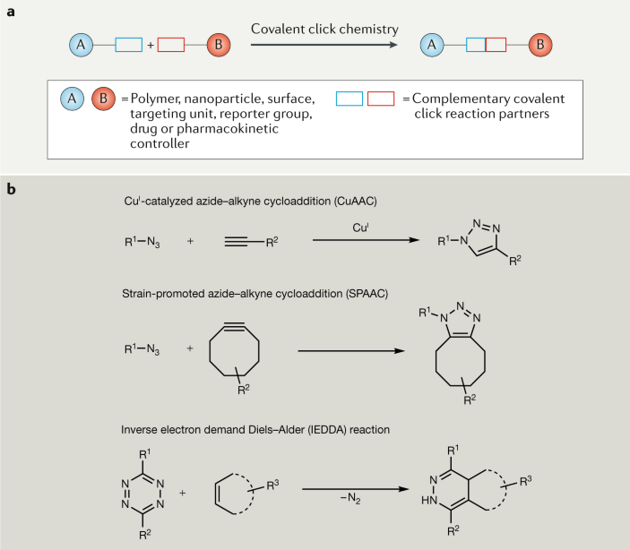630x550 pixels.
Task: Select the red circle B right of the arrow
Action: click(x=540, y=42)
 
